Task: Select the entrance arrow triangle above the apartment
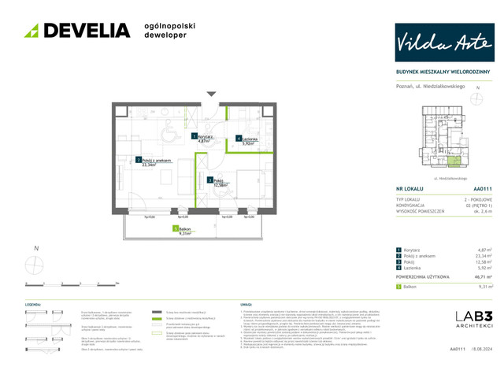210,94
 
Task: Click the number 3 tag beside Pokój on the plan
209,180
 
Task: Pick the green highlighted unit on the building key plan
454,162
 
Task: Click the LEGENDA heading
34,303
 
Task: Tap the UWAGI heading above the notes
245,303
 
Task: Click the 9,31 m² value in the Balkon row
484,287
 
